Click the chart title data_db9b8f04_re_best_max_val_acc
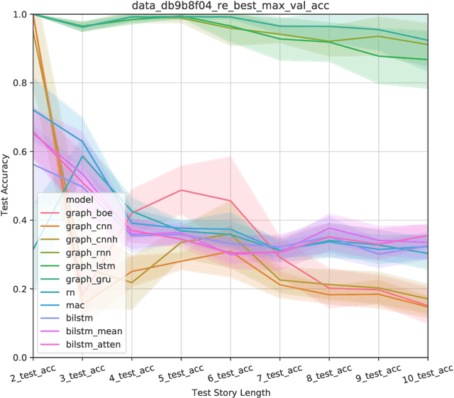tap(231, 6)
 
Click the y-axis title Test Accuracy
tap(6, 186)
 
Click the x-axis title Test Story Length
tap(231, 392)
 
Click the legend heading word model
tap(78, 199)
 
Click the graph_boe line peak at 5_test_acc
tap(182, 190)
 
